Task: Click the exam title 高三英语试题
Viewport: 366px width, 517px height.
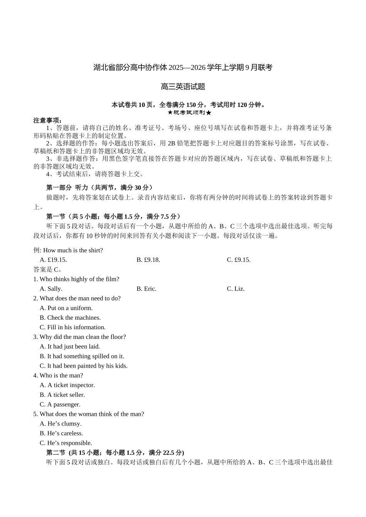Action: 183,87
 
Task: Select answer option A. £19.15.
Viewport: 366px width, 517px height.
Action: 53,260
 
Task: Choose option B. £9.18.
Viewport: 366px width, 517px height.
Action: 148,260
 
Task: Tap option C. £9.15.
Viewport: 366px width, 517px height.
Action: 238,260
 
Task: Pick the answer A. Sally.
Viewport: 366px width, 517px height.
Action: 51,289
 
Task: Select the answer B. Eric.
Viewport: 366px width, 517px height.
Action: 146,289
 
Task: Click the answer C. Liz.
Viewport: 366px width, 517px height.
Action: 235,289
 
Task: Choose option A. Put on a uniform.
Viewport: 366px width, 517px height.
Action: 66,308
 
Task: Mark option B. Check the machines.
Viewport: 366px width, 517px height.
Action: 70,318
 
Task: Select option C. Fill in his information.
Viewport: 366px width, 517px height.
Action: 72,327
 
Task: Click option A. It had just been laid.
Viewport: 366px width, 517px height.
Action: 70,347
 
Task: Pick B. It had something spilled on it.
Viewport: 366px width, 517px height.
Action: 82,356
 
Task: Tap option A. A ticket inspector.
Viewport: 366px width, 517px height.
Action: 67,385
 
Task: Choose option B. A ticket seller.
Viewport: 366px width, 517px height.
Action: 62,395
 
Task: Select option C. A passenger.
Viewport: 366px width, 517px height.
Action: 60,404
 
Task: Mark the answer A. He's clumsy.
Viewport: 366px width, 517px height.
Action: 60,424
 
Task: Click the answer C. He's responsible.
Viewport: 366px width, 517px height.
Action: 66,443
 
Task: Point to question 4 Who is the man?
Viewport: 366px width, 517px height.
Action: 58,375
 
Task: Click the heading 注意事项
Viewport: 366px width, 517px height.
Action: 47,120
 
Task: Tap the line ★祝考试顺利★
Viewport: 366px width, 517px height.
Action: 190,113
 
